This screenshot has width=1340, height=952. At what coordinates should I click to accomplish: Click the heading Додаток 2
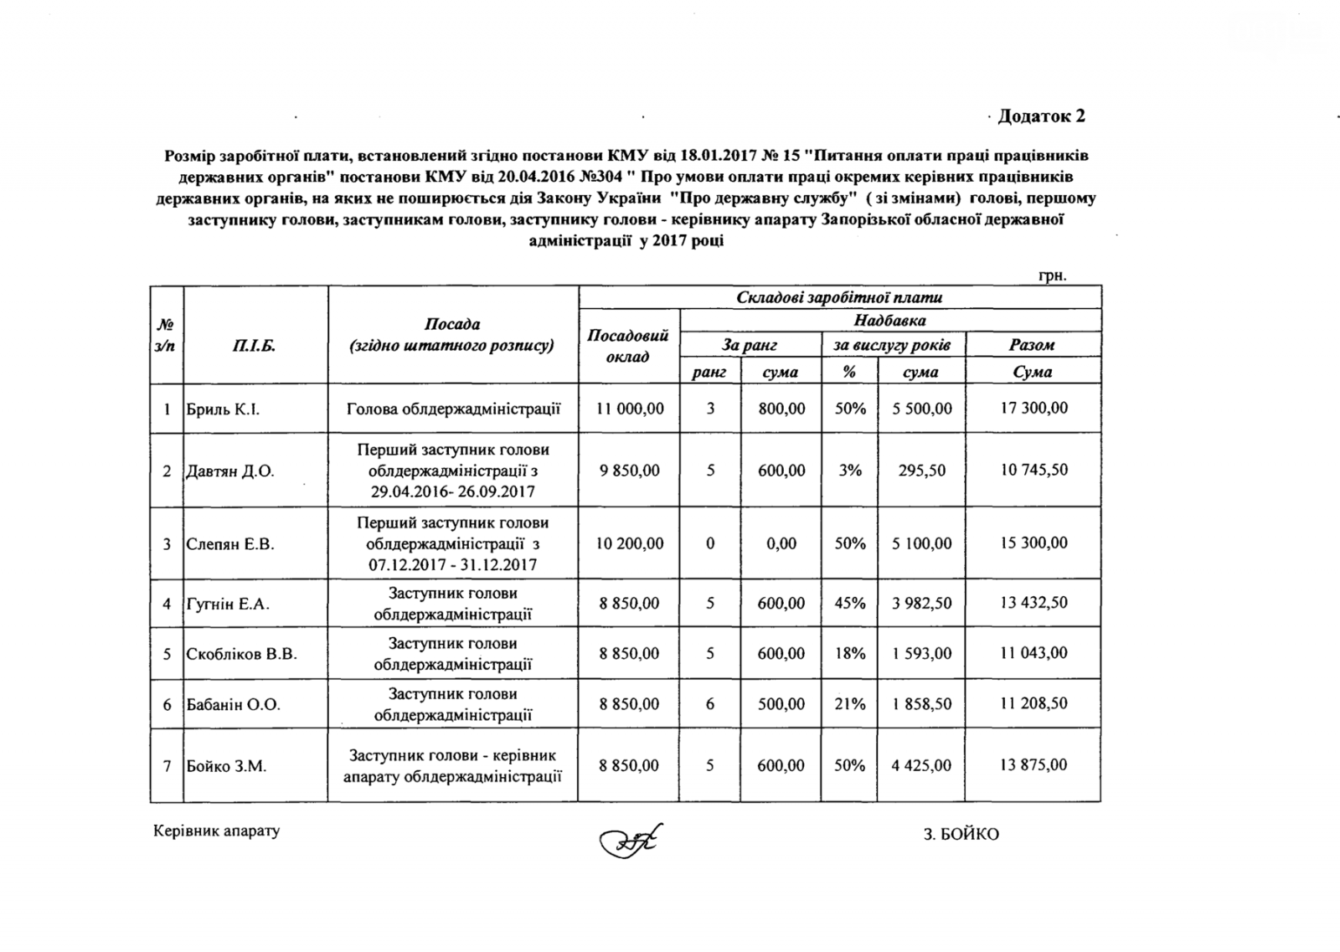coord(1042,116)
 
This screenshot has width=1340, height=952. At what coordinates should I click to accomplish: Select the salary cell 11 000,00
coord(630,409)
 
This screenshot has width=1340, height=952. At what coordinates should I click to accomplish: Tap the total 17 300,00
coord(1033,408)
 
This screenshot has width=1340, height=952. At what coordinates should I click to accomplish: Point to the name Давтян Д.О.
coord(230,471)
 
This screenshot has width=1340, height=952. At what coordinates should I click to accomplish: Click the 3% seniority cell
coord(849,471)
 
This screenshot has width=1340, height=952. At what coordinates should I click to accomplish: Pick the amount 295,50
coord(921,471)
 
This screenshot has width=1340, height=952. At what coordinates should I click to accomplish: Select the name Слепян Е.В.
coord(230,544)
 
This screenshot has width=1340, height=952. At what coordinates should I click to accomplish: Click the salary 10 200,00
coord(630,543)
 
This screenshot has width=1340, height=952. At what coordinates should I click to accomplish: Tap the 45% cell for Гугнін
coord(849,603)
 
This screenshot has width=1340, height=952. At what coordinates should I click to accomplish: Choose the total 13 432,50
coord(1033,603)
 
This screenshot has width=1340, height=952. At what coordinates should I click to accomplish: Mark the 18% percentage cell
coord(849,653)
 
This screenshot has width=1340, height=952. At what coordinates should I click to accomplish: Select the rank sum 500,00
coord(781,704)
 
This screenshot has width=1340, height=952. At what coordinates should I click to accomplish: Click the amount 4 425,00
coord(921,765)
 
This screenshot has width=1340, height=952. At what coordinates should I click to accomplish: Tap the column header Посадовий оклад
coord(628,346)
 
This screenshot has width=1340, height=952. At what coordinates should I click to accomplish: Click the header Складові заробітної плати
coord(839,297)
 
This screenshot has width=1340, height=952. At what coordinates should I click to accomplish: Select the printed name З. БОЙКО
coord(961,835)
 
